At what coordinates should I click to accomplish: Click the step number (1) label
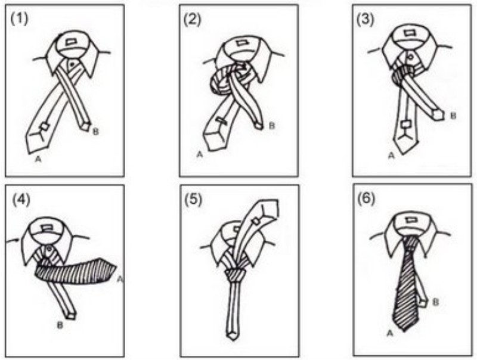(x=19, y=19)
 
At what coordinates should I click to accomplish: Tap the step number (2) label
(x=192, y=20)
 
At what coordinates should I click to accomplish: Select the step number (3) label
(x=365, y=20)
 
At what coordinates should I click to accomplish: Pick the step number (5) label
(x=193, y=200)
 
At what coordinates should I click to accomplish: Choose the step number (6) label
(x=366, y=199)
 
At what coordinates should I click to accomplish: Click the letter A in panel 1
(x=38, y=159)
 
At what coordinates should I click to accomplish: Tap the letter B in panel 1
(x=95, y=132)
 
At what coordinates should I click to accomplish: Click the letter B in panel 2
(x=272, y=126)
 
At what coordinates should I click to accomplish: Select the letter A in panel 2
(x=200, y=154)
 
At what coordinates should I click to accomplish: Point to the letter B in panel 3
(x=453, y=116)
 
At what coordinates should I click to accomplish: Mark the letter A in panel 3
(x=392, y=156)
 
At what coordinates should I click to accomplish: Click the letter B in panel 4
(x=60, y=325)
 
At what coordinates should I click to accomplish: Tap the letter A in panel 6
(x=390, y=334)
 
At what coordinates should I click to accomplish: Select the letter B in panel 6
(x=436, y=302)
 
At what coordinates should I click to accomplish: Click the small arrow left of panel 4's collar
(x=13, y=241)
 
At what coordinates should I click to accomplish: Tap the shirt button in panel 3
(x=410, y=56)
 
